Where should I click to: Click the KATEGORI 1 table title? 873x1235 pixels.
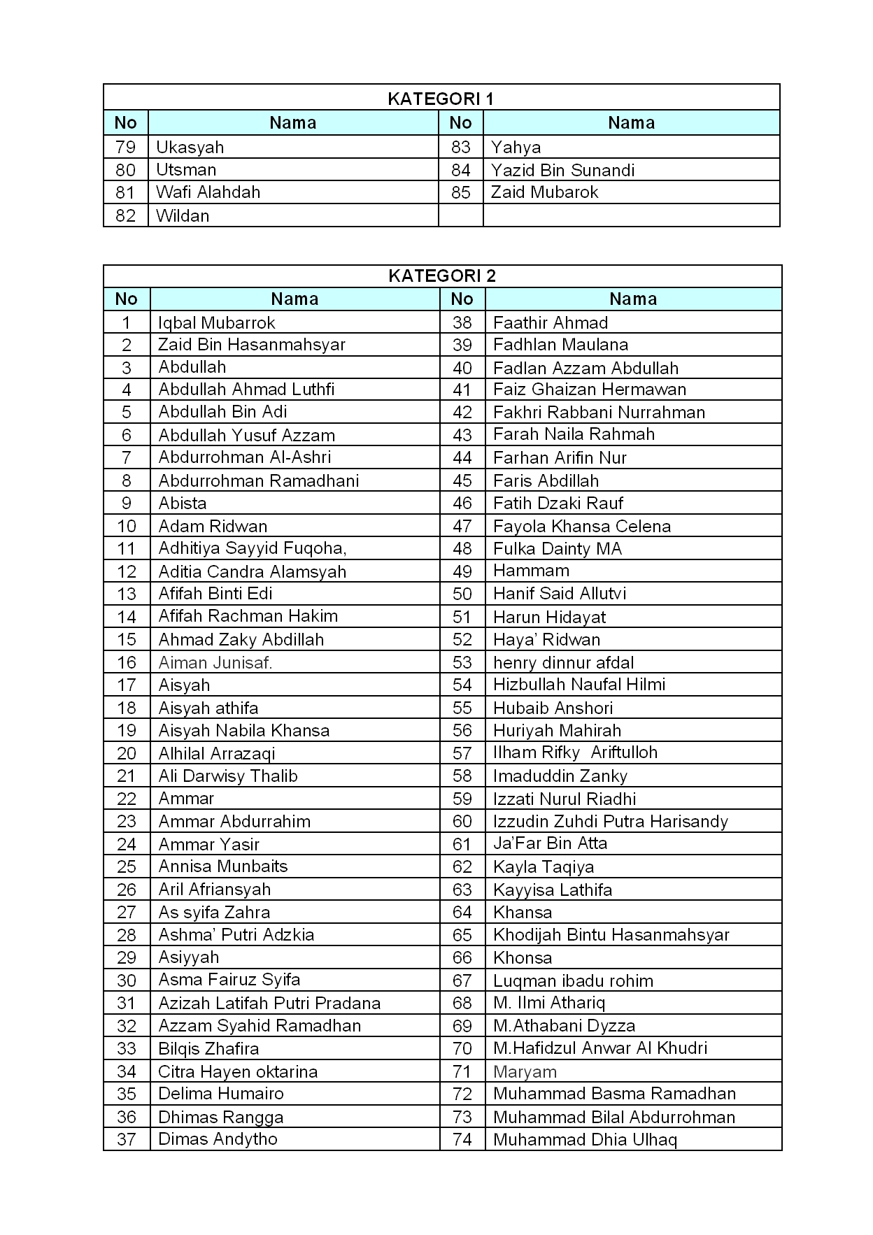tap(441, 99)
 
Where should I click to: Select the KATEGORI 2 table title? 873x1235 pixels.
tap(442, 276)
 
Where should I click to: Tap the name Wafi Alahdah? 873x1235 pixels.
tap(208, 192)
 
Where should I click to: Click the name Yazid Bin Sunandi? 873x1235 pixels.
tap(562, 170)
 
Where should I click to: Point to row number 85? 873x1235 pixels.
tap(461, 192)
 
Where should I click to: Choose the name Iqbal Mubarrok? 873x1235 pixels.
tap(216, 322)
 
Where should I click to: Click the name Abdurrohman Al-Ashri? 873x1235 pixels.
tap(245, 457)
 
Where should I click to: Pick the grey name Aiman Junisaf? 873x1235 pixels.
tap(215, 662)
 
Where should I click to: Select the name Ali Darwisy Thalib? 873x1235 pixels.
tap(228, 776)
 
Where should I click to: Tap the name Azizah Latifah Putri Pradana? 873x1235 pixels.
tap(269, 1003)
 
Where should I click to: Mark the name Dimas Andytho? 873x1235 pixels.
tap(218, 1138)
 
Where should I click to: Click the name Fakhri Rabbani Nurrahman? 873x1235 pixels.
tap(599, 412)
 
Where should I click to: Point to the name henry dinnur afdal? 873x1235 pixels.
tap(563, 662)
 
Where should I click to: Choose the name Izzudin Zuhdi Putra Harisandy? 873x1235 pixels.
tap(610, 821)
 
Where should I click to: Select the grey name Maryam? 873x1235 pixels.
tap(525, 1071)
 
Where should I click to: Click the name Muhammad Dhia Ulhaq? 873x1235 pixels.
tap(585, 1139)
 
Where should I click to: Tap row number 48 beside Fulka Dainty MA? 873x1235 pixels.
tap(462, 549)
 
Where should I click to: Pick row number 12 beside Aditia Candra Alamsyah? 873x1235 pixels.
tap(127, 571)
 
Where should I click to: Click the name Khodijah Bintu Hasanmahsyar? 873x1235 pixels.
tap(611, 935)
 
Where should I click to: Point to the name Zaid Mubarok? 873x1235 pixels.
tap(544, 192)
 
